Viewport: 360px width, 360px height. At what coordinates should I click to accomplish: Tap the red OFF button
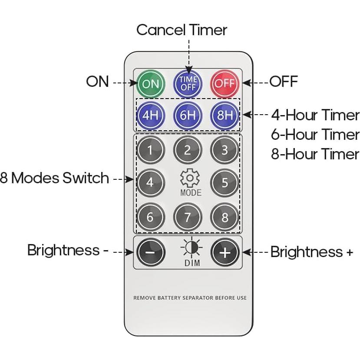225,83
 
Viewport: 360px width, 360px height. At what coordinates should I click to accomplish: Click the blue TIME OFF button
188,83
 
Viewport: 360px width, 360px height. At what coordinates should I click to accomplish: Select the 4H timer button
150,116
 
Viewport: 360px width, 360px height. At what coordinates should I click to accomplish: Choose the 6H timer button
188,116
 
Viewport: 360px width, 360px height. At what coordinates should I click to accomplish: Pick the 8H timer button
225,116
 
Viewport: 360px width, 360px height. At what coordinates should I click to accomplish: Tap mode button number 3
225,150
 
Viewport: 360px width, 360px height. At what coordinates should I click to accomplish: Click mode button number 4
150,182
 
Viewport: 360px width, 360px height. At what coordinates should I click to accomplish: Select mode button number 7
188,217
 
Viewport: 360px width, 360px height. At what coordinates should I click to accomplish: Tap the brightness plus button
225,252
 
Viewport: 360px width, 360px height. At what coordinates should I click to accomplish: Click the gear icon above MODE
190,178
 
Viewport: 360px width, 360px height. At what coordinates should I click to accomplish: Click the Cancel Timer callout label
182,30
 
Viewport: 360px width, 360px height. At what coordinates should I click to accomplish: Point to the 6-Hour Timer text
315,135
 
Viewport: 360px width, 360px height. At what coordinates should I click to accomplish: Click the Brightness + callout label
311,252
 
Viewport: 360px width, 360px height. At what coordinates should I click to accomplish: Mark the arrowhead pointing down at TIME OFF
188,68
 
